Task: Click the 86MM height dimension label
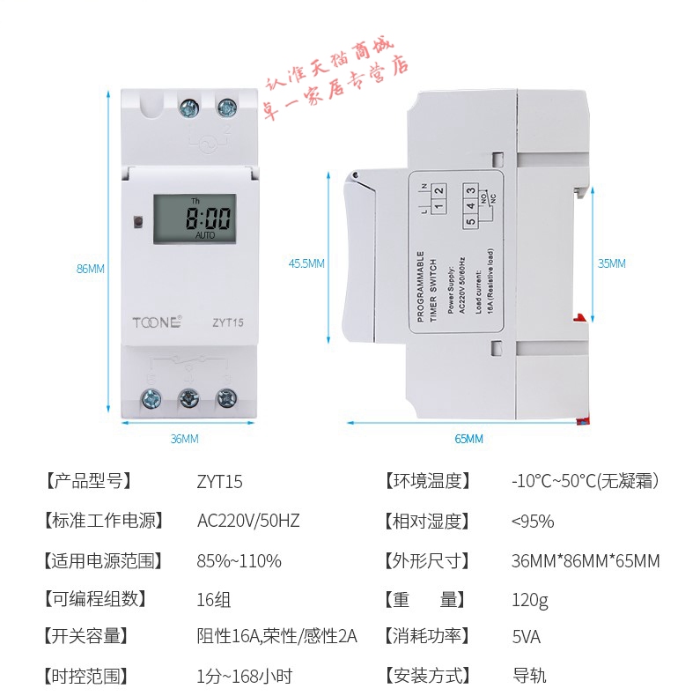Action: pos(91,269)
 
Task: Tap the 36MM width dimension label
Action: pos(184,438)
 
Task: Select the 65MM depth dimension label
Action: pos(468,439)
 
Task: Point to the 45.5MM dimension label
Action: pos(306,263)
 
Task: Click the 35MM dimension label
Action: pos(611,263)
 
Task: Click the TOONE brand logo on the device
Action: pos(158,322)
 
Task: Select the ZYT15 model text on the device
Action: pos(226,322)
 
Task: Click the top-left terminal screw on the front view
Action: pos(188,108)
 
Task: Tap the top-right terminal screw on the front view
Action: pos(226,108)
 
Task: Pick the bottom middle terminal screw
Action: pos(188,398)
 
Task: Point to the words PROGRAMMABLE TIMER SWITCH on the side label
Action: pos(426,287)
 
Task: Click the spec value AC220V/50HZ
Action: pos(248,521)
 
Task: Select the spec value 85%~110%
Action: pos(239,560)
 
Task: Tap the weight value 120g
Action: pos(529,600)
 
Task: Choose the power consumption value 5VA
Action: pos(526,636)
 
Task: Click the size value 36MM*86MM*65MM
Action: pos(585,560)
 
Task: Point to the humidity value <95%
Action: pos(533,521)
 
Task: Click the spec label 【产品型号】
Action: pos(87,481)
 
